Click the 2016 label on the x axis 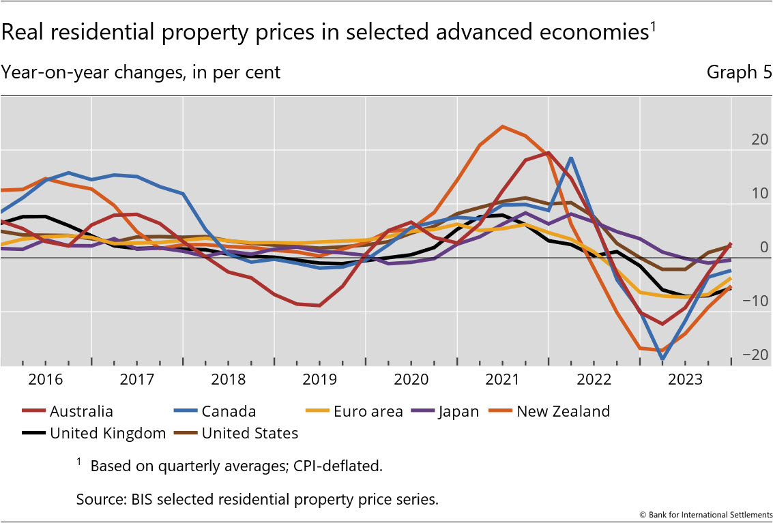pos(46,380)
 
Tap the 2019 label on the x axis pos(319,380)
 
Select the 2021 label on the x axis pos(502,380)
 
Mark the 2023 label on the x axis pos(685,380)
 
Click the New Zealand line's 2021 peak pos(502,126)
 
